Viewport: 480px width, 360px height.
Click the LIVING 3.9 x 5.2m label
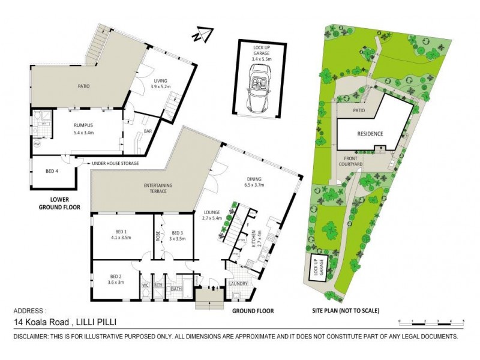click(161, 83)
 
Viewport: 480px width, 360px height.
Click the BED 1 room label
click(121, 235)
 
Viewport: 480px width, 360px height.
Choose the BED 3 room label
click(176, 235)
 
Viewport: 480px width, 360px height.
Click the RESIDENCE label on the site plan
click(370, 134)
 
